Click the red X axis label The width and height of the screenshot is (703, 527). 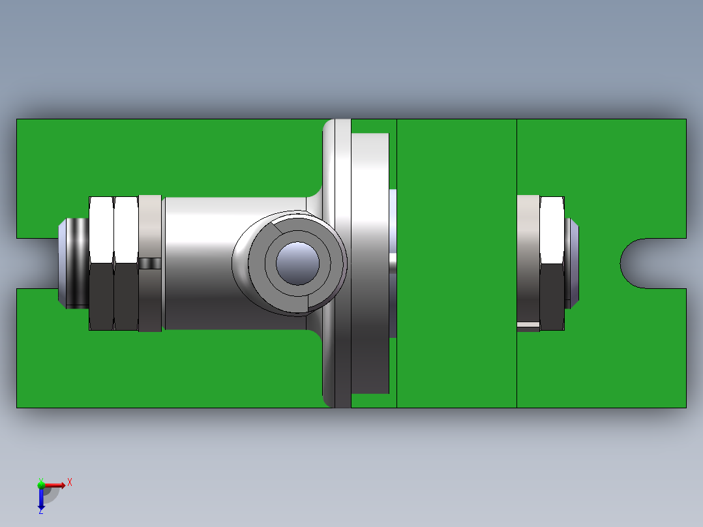tap(69, 482)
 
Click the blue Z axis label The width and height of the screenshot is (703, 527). tap(40, 511)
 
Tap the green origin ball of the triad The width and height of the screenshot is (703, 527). tap(41, 485)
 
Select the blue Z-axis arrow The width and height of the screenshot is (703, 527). tap(41, 500)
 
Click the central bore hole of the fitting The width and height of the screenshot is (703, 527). tap(297, 263)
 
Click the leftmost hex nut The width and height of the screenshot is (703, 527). tap(101, 263)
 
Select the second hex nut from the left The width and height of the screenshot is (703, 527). tap(126, 263)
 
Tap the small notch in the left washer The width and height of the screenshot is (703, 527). tap(150, 263)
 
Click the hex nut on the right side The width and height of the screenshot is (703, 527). tap(552, 263)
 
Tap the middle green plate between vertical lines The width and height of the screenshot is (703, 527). tap(456, 263)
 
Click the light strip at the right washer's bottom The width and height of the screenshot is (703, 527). tap(528, 324)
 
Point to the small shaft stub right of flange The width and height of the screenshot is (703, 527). tap(393, 263)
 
